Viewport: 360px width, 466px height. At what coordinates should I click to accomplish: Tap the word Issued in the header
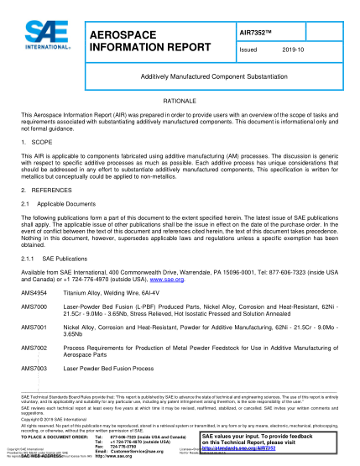250,50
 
